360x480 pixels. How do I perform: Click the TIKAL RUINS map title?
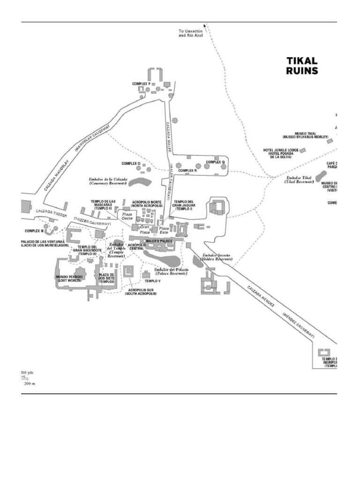click(302, 66)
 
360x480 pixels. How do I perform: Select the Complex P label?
click(141, 84)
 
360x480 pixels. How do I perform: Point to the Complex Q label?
click(216, 162)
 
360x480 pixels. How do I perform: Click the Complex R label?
click(187, 171)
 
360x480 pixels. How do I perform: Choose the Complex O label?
click(131, 164)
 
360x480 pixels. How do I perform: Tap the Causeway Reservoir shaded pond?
click(140, 180)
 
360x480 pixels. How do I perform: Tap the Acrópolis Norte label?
click(147, 204)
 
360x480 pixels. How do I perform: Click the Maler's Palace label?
click(159, 240)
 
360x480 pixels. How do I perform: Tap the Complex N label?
click(34, 231)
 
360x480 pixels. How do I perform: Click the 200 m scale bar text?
click(30, 383)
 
